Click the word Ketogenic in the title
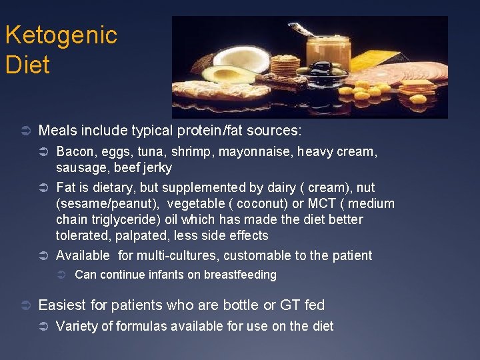[61, 35]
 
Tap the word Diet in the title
[27, 65]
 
